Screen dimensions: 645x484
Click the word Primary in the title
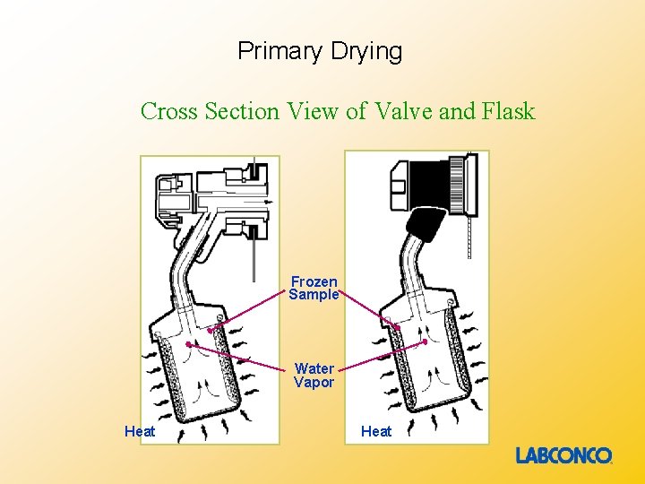pos(277,51)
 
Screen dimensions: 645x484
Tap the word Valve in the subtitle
pos(402,112)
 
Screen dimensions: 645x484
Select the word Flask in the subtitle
pos(508,112)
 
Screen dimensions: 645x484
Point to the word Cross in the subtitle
pos(170,112)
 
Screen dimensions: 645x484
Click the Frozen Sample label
pos(314,289)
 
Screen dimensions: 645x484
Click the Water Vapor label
pos(314,376)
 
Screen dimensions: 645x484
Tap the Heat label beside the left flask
pos(140,432)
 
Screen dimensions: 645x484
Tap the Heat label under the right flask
pos(376,432)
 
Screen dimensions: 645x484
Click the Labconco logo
pos(563,456)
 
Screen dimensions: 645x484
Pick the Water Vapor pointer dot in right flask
pos(425,342)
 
